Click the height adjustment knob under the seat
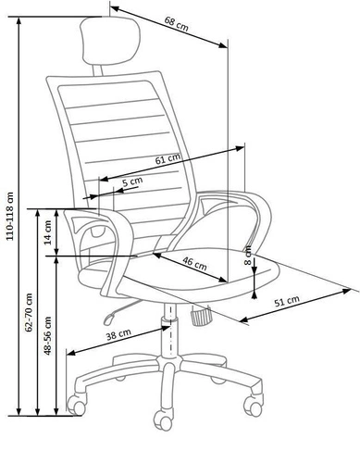(199, 318)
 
